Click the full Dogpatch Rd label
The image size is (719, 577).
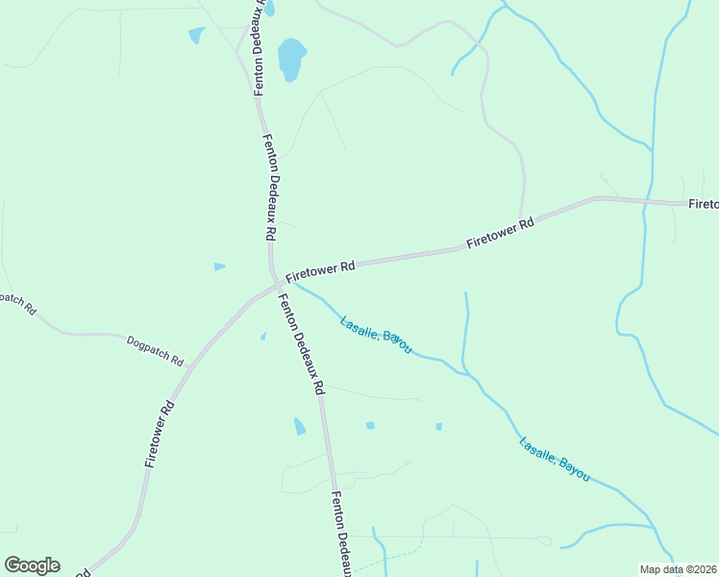[155, 351]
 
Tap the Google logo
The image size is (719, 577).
[32, 565]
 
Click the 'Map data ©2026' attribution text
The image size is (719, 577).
[678, 569]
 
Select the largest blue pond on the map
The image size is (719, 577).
[291, 59]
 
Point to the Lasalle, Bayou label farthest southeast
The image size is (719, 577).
[554, 460]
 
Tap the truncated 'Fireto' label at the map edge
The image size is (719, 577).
[703, 204]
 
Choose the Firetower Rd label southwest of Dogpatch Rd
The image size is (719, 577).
[160, 434]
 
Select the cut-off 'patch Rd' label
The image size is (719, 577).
[17, 304]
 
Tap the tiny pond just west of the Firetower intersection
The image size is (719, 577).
[219, 266]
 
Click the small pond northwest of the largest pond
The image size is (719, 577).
[196, 36]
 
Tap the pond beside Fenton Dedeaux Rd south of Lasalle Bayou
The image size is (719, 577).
[299, 426]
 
